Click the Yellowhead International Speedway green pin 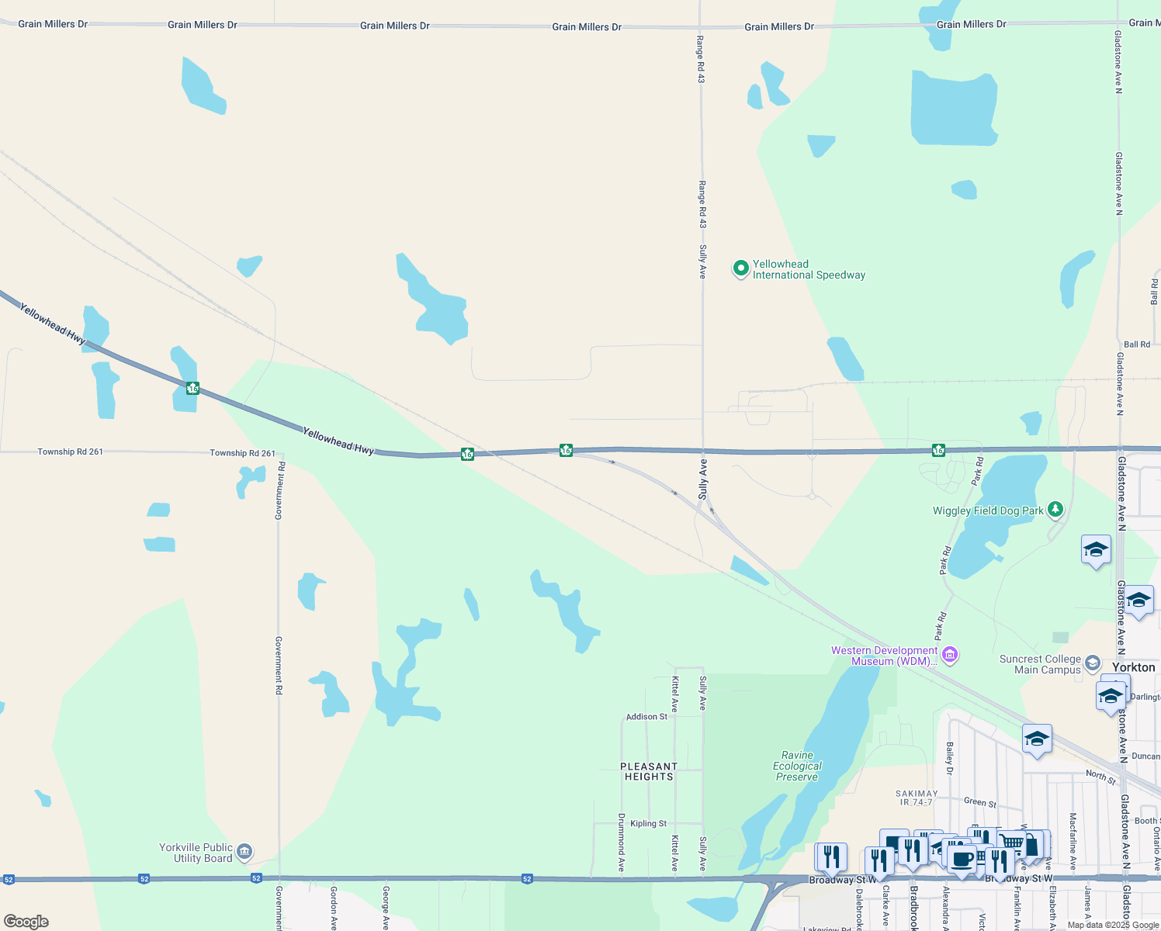pyautogui.click(x=741, y=268)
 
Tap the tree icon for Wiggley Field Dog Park pyautogui.click(x=1055, y=510)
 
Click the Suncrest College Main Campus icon pyautogui.click(x=1093, y=663)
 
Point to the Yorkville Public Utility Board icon pyautogui.click(x=244, y=852)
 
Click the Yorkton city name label pyautogui.click(x=1133, y=667)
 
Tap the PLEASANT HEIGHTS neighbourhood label pyautogui.click(x=649, y=771)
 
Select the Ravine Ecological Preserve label pyautogui.click(x=797, y=766)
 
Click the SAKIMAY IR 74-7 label pyautogui.click(x=917, y=798)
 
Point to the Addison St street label pyautogui.click(x=646, y=717)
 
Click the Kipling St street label pyautogui.click(x=648, y=823)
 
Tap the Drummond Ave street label pyautogui.click(x=622, y=843)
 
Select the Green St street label pyautogui.click(x=980, y=802)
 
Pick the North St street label pyautogui.click(x=1100, y=776)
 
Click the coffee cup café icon pyautogui.click(x=962, y=860)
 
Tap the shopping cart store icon pyautogui.click(x=1012, y=843)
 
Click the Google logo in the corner pyautogui.click(x=26, y=921)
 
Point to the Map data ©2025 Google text pyautogui.click(x=1113, y=925)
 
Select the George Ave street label pyautogui.click(x=386, y=908)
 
